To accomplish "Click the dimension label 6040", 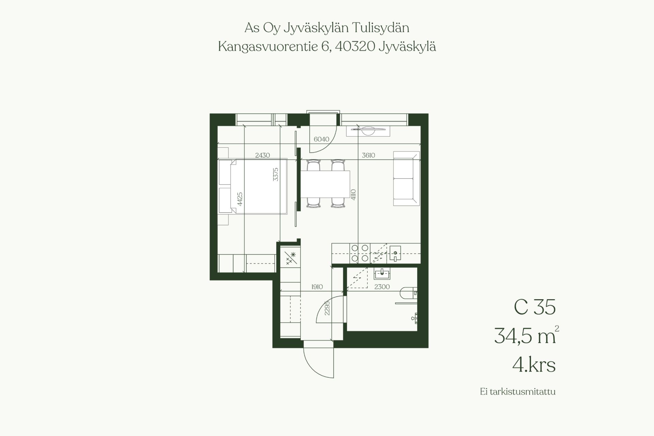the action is click(322, 139).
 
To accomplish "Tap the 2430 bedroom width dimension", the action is click(262, 155).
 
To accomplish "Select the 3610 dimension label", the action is click(368, 155).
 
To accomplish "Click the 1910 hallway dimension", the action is click(317, 287).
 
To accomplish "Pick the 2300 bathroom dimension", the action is click(382, 287).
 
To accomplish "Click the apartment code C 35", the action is click(534, 307).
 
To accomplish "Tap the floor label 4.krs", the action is click(534, 365).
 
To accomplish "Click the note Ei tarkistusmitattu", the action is click(518, 392).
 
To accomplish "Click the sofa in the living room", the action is click(406, 179).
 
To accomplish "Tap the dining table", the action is click(326, 183).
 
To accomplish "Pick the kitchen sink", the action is click(395, 253).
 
